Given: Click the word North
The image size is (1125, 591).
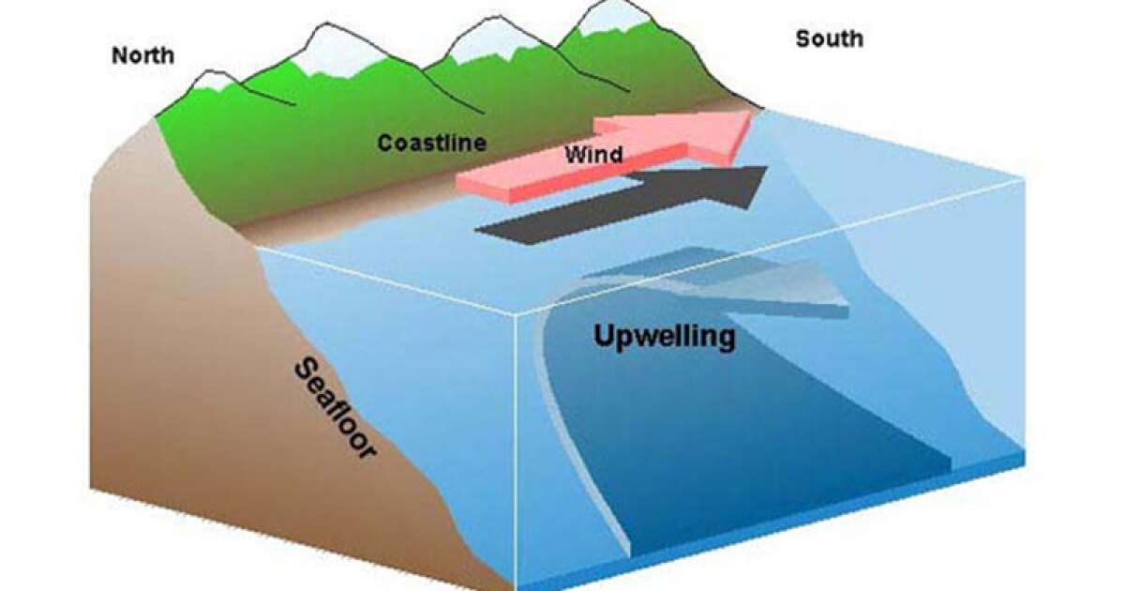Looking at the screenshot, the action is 143,55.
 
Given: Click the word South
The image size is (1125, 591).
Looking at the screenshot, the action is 830,38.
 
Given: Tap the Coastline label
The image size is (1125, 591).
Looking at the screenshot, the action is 432,144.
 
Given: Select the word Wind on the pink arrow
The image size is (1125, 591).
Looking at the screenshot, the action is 594,154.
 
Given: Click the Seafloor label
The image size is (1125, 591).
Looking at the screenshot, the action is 335,408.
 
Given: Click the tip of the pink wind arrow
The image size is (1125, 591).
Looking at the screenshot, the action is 751,113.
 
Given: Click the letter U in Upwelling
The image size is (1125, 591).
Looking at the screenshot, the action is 605,335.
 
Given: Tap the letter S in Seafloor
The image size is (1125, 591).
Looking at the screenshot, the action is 305,371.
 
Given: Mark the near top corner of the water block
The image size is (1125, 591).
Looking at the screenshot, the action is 517,314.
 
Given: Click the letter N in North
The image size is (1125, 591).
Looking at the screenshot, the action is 119,55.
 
